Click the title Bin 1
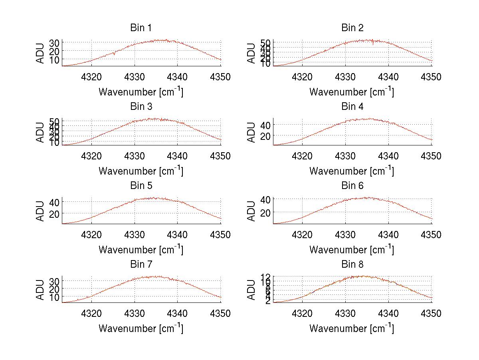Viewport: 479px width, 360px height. (141, 28)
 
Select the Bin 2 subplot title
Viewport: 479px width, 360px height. (352, 28)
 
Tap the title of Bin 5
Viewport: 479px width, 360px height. (141, 185)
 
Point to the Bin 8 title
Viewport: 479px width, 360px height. (352, 264)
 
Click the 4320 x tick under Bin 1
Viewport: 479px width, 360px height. (92, 77)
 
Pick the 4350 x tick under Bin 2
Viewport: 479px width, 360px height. (431, 77)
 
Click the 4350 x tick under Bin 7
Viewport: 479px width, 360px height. (221, 313)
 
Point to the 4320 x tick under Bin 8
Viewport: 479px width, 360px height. (303, 313)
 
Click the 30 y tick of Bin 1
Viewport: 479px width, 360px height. (55, 43)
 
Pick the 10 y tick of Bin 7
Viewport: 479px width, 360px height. (55, 297)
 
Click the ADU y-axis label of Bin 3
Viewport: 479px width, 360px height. (40, 132)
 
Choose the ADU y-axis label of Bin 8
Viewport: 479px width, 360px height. (251, 290)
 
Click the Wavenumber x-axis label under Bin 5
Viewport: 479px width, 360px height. (141, 250)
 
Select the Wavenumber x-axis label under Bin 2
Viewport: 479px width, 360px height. (352, 92)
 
